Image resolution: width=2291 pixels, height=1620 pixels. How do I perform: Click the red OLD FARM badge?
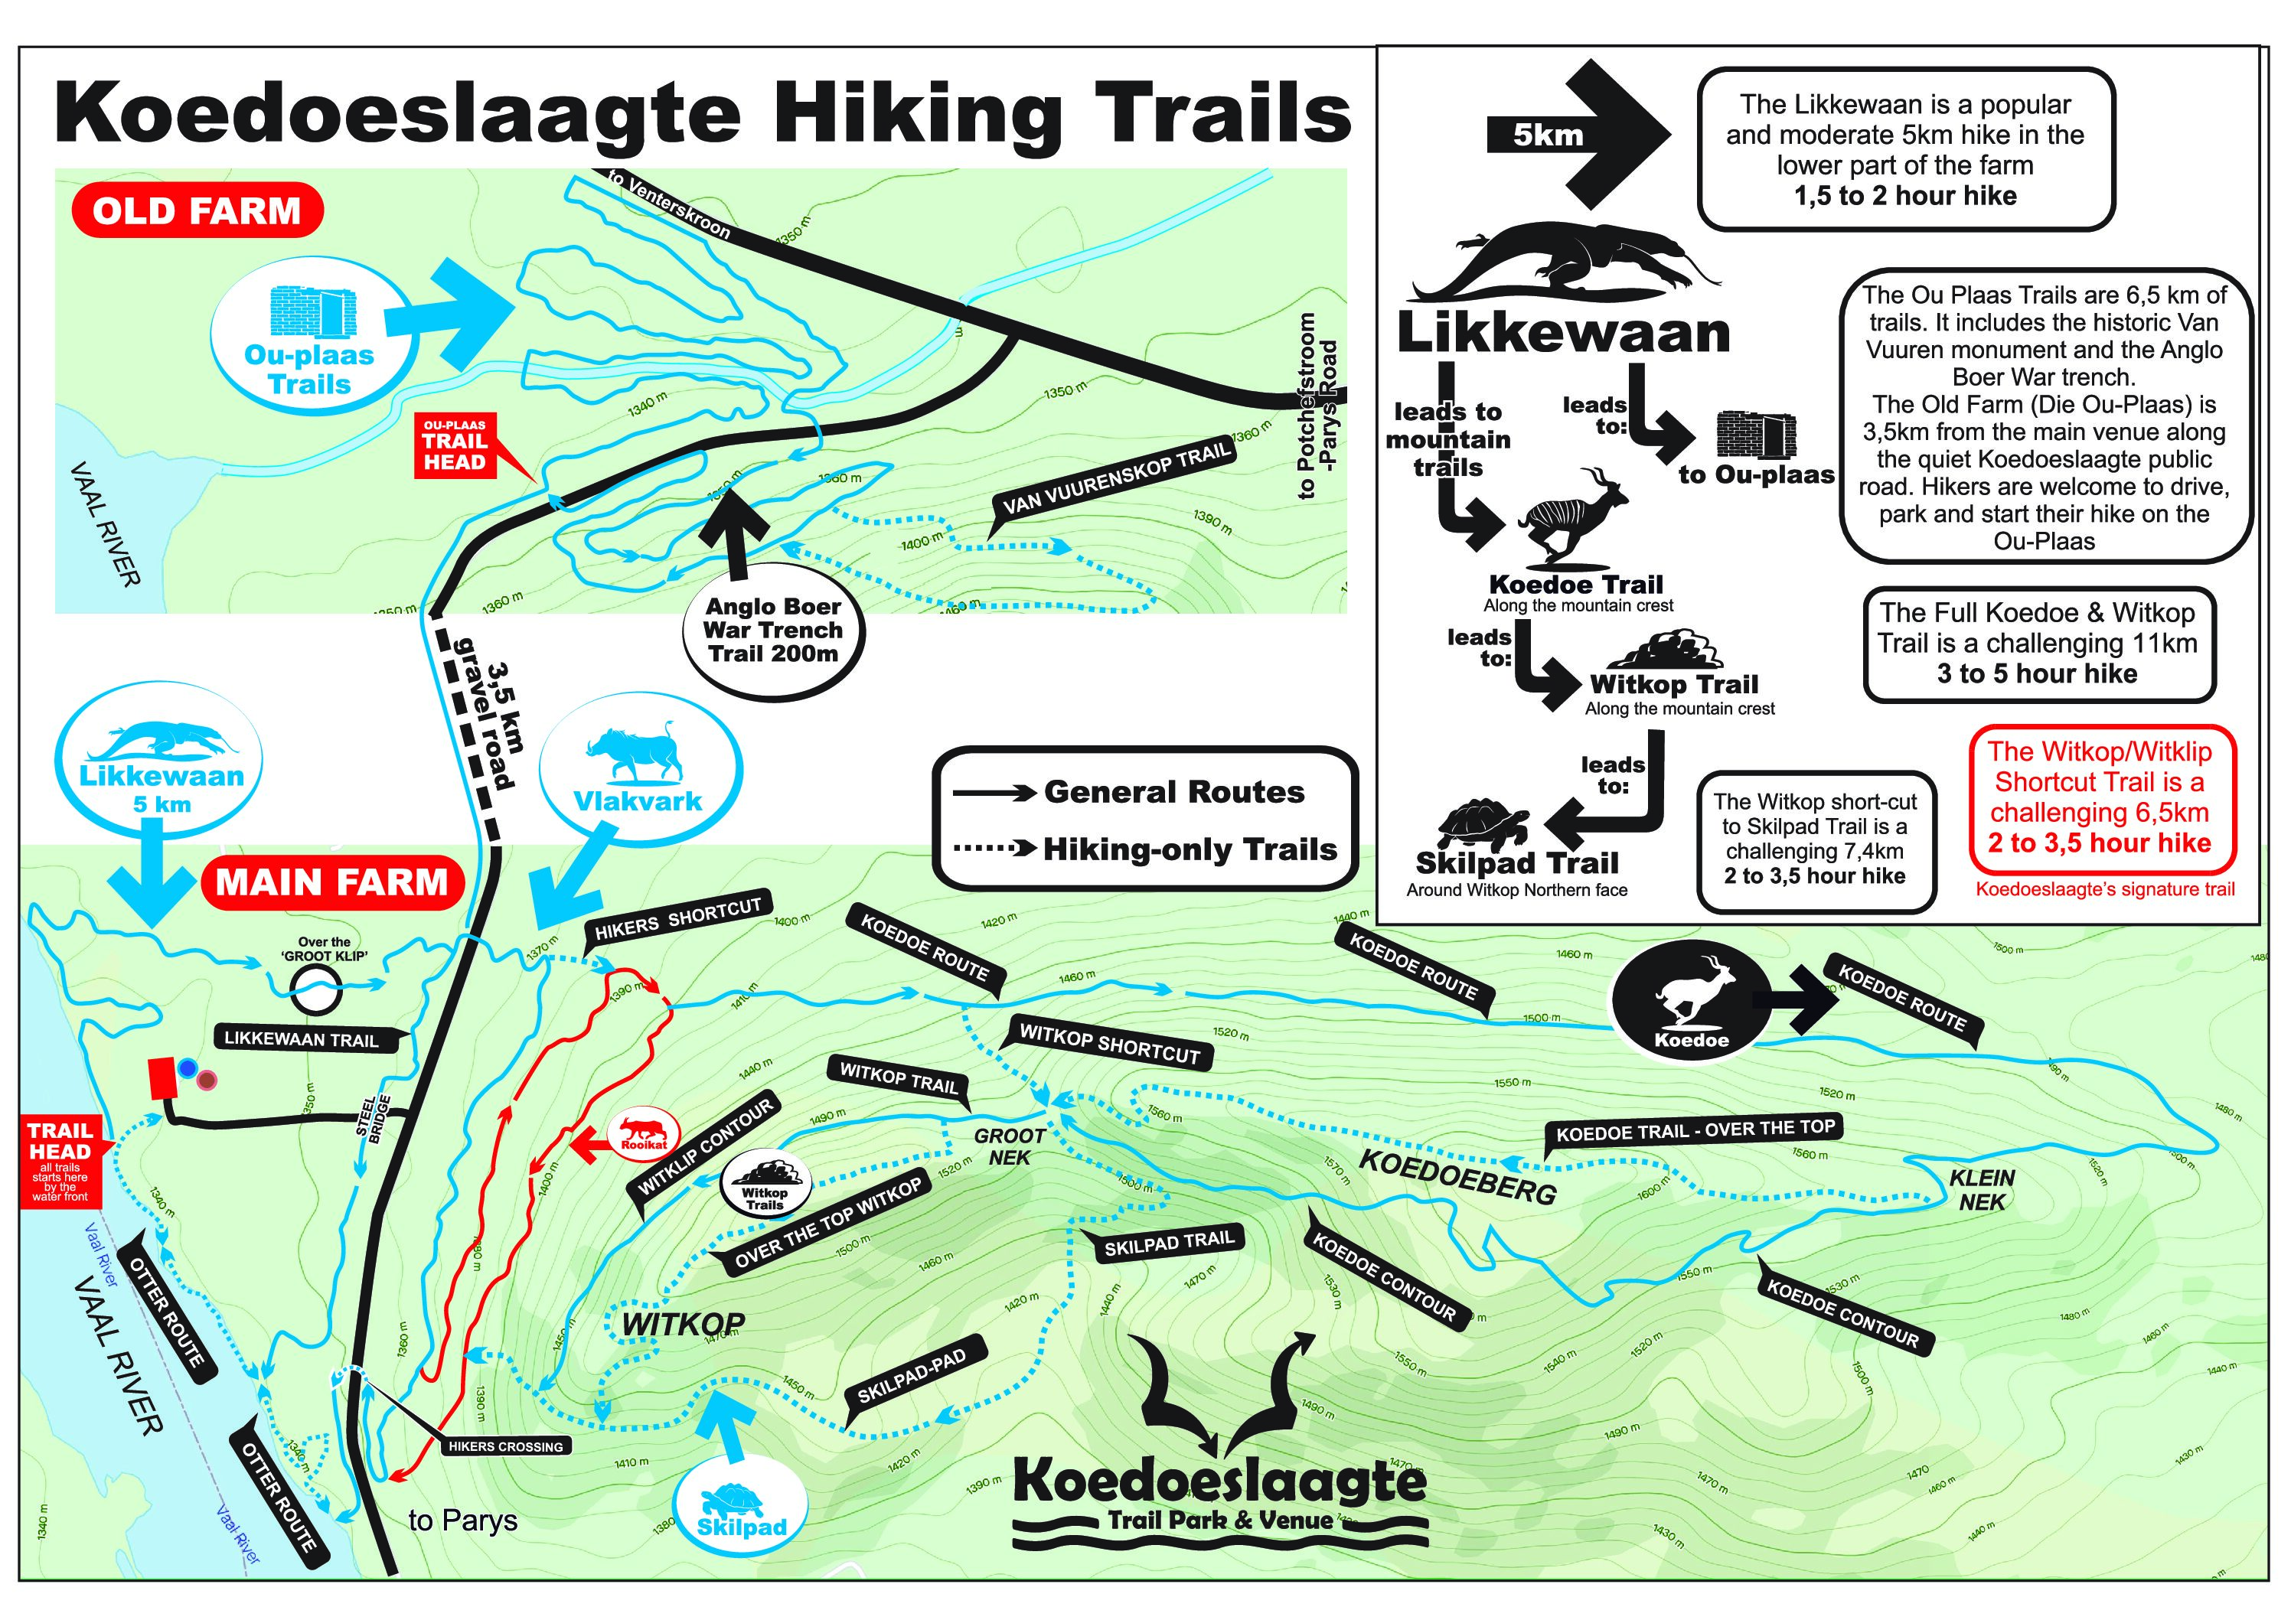click(x=197, y=211)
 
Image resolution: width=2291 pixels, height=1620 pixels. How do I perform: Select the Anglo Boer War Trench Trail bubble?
click(x=773, y=631)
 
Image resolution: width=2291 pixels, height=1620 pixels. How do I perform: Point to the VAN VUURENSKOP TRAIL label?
click(x=1117, y=480)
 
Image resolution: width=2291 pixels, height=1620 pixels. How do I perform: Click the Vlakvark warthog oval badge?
click(x=640, y=768)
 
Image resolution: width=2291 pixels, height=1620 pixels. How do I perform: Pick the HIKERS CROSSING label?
click(x=505, y=1446)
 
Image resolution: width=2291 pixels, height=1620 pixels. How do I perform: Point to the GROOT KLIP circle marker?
click(x=316, y=989)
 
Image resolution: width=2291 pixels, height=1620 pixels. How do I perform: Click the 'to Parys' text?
click(x=463, y=1521)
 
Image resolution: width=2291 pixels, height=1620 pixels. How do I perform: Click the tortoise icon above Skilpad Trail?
click(x=1483, y=823)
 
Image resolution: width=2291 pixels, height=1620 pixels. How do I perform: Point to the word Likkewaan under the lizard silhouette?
click(x=1562, y=333)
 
